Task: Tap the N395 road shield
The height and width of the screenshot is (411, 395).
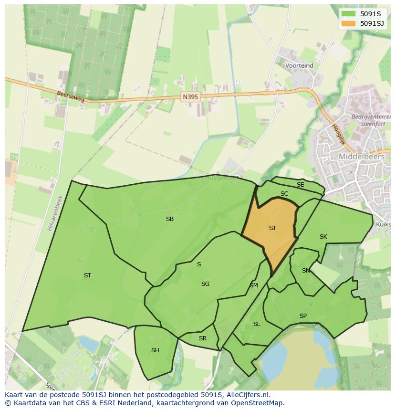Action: [190, 96]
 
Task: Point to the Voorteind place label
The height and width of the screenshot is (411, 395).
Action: [299, 65]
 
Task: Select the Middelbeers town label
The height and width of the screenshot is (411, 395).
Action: [361, 157]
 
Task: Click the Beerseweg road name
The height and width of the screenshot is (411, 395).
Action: [70, 97]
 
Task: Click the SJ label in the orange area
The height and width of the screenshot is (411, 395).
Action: [272, 228]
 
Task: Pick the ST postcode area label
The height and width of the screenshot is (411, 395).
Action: [87, 275]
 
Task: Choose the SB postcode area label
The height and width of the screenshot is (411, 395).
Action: [169, 219]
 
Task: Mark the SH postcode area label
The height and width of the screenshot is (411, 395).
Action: [155, 350]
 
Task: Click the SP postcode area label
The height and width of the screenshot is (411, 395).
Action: [303, 316]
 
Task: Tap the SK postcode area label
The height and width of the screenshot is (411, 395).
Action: [323, 237]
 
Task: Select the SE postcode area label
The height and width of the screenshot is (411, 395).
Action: [300, 185]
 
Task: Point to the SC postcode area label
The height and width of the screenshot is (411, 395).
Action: [284, 194]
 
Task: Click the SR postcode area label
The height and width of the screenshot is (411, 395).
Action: [203, 338]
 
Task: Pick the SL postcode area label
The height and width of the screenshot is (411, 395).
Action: [257, 324]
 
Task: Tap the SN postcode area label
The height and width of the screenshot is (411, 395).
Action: [306, 271]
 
